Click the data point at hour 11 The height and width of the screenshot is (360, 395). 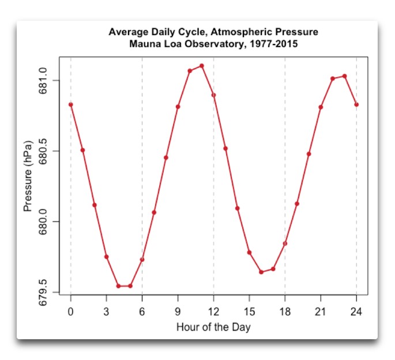(x=202, y=66)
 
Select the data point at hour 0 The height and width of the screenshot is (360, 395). (x=71, y=104)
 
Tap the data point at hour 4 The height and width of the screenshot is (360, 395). (x=118, y=286)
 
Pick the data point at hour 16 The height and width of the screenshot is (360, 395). (x=261, y=272)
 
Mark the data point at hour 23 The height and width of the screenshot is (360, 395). (x=345, y=76)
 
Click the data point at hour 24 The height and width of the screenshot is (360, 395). (x=356, y=104)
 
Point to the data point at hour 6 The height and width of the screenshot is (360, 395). (x=142, y=260)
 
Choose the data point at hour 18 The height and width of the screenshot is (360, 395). (x=285, y=243)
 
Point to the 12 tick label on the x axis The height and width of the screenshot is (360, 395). (x=213, y=312)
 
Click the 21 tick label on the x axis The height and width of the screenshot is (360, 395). (x=321, y=312)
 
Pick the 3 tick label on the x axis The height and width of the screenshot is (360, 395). (x=106, y=312)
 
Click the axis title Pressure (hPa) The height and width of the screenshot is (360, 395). (x=28, y=175)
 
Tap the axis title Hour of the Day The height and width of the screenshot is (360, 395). (x=213, y=327)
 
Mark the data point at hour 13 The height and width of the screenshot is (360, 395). (x=225, y=148)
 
